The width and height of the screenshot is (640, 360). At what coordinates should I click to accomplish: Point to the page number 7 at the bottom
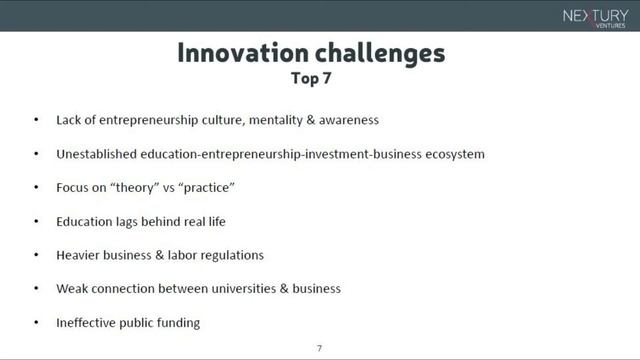point(319,348)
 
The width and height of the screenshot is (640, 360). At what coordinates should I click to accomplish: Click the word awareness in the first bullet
point(350,120)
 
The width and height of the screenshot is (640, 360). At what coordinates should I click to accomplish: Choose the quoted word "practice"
point(208,187)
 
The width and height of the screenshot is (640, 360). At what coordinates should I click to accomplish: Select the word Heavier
point(80,255)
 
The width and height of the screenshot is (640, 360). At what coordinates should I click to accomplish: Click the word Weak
point(74,288)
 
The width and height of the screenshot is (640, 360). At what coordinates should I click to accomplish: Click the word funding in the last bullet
point(178,322)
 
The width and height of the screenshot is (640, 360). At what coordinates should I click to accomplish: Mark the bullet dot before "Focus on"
point(36,187)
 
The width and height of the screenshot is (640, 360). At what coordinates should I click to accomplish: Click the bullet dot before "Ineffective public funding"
point(36,322)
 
